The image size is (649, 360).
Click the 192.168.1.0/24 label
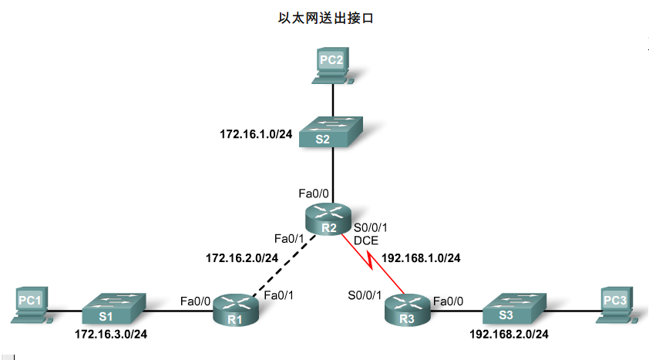[x=421, y=257]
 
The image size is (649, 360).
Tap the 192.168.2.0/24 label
[x=509, y=335]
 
